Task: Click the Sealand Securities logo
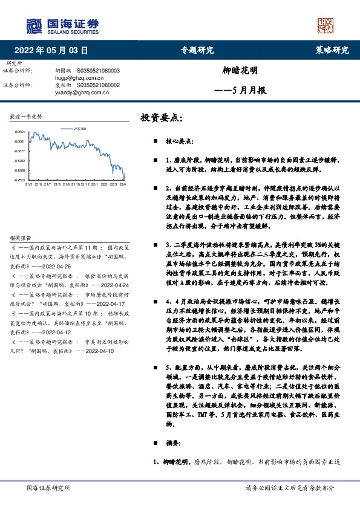click(x=61, y=25)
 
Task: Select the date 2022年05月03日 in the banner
click(x=51, y=51)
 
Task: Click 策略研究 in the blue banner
click(x=332, y=51)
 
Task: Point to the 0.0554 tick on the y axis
click(x=20, y=131)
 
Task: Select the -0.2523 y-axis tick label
click(x=20, y=180)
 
